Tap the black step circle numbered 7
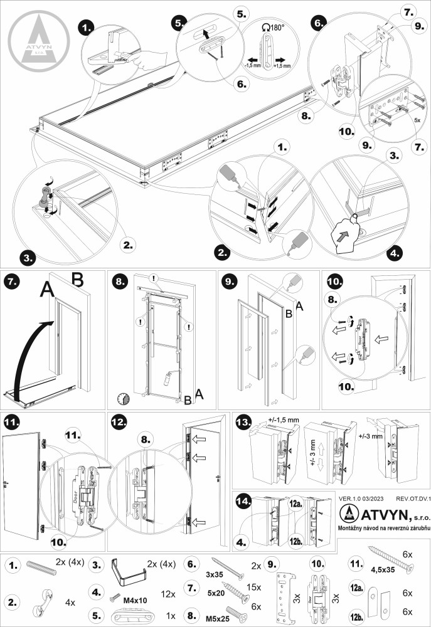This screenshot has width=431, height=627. (x=13, y=282)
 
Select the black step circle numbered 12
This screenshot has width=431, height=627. (x=119, y=423)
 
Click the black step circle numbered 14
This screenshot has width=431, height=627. (x=243, y=501)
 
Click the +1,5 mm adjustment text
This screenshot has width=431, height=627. (x=282, y=65)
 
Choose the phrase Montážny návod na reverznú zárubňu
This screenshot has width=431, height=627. (x=381, y=530)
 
